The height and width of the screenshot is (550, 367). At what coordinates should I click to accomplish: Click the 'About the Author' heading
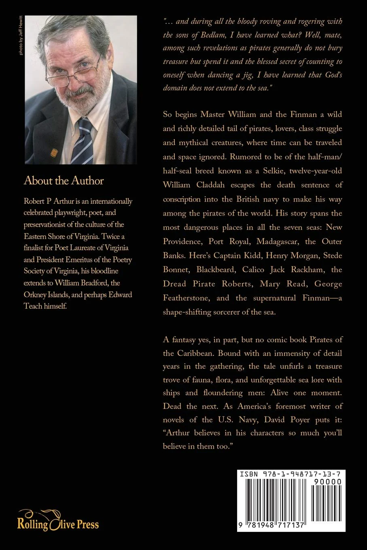(64, 180)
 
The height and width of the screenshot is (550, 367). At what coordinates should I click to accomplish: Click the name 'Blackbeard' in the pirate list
(216, 269)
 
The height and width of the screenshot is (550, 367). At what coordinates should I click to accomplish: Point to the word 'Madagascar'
(276, 241)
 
